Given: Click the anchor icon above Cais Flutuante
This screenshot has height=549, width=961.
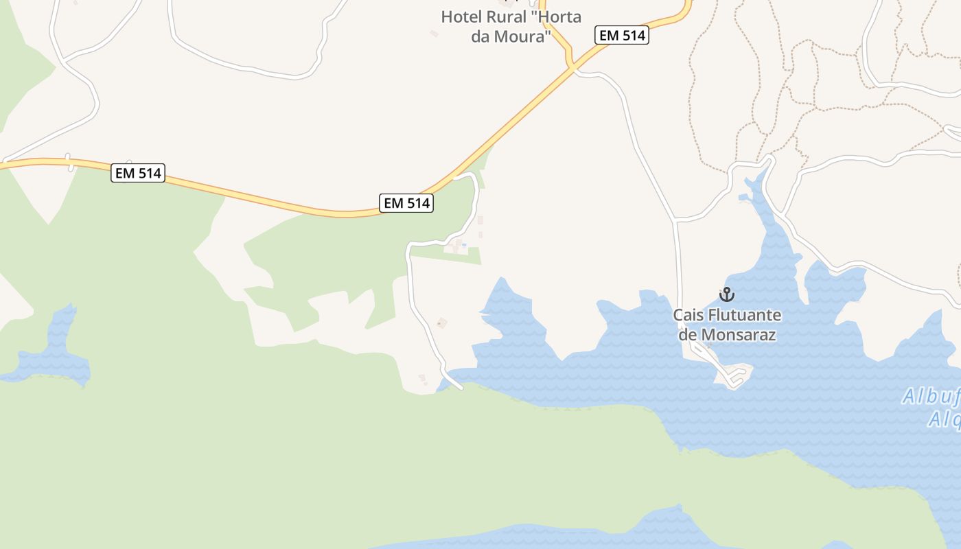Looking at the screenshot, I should click(726, 294).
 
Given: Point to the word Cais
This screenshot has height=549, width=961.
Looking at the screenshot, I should click(688, 315).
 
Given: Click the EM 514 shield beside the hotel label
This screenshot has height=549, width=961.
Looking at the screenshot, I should click(621, 36).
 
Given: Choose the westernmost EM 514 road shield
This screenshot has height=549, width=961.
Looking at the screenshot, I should click(139, 173).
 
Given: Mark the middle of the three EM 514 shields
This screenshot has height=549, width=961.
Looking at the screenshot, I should click(406, 203).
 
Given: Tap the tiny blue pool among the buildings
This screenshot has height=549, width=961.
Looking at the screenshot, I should click(465, 245).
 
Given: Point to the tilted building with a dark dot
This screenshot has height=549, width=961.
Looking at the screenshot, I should click(442, 323).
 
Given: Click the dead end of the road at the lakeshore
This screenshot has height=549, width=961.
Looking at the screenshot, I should click(461, 388).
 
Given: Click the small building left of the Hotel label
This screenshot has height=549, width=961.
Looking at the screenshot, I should click(434, 33).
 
